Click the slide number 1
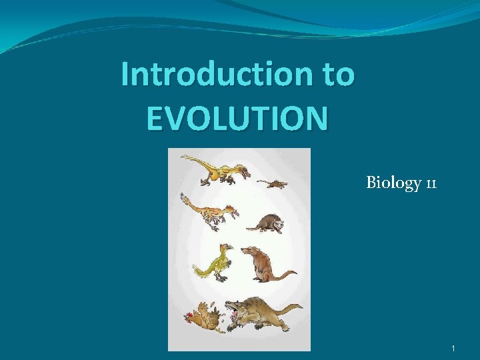[x=453, y=348]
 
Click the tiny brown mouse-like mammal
[x=272, y=183]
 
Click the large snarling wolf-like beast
[x=263, y=313]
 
